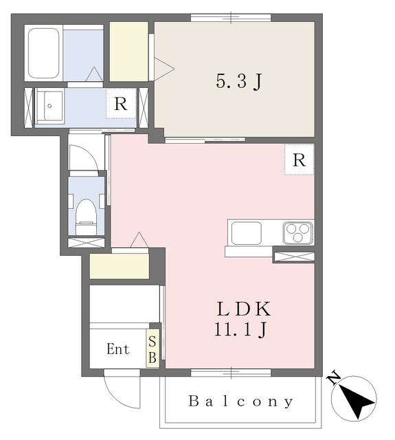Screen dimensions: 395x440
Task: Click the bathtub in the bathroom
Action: tap(43, 53)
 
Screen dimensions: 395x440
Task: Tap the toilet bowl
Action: tap(86, 217)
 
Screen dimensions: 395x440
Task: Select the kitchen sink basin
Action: tap(247, 233)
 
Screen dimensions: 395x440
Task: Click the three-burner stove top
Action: tap(297, 233)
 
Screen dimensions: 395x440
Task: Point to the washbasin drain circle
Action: tap(49, 106)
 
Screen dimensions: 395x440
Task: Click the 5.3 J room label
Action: tap(238, 81)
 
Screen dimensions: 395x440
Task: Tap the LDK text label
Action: tap(244, 309)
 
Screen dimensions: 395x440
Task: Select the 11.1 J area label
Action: tap(240, 329)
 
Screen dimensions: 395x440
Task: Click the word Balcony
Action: tap(241, 401)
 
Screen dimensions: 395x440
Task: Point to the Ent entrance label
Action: tap(118, 349)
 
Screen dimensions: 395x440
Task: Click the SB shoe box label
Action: tap(153, 349)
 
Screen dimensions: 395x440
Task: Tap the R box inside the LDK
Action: tap(299, 159)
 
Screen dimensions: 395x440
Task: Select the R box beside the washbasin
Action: tap(121, 104)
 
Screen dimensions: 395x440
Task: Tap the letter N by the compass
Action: tap(334, 379)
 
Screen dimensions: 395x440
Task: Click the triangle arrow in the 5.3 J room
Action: tap(164, 69)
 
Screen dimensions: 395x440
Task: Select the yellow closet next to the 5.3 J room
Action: tap(128, 52)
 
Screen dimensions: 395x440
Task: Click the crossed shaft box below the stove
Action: tap(294, 256)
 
